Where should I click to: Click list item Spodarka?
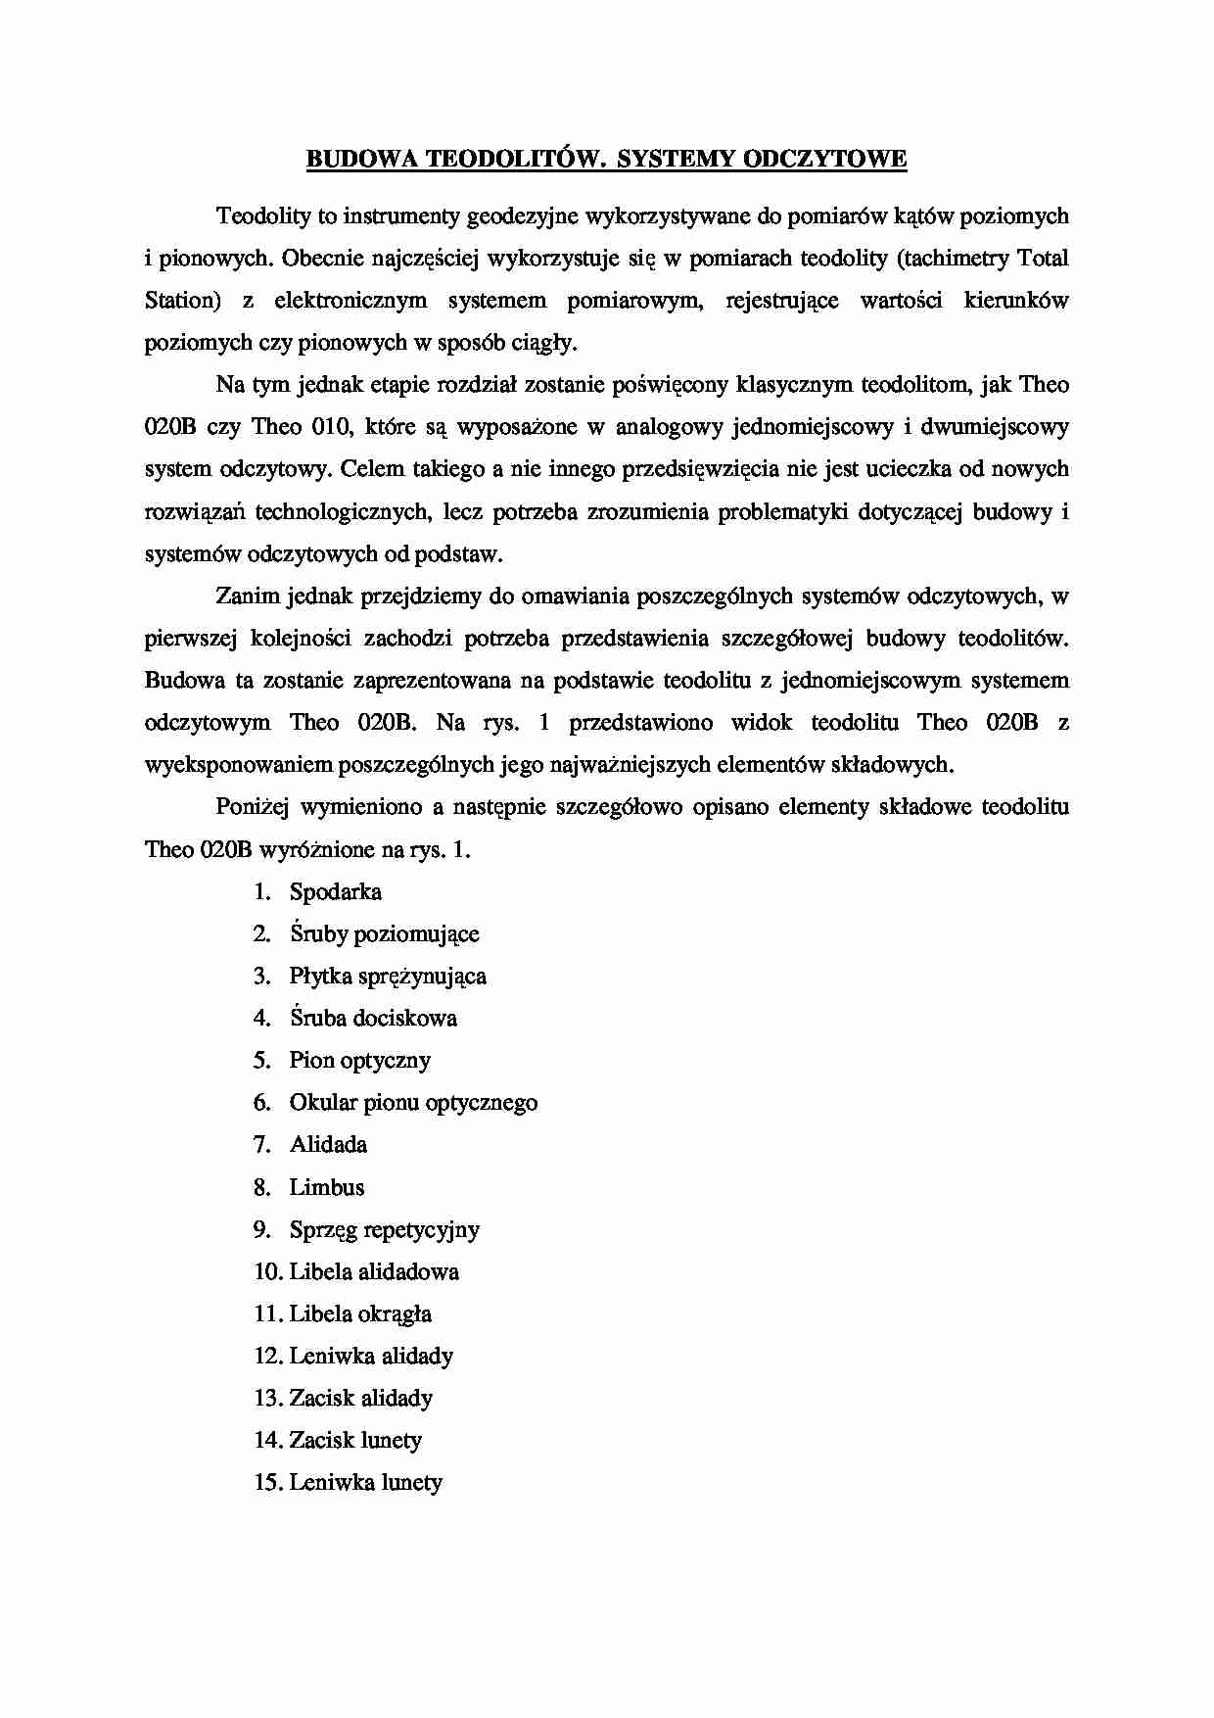coord(335,892)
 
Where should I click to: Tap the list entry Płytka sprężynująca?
coord(388,977)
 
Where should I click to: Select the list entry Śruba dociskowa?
coord(373,1019)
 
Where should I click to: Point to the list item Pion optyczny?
coord(359,1061)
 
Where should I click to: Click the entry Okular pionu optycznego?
coord(413,1103)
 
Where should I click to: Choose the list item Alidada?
coord(328,1145)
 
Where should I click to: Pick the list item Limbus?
coord(326,1188)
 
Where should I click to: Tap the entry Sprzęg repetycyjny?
coord(384,1230)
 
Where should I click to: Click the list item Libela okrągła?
coord(360,1314)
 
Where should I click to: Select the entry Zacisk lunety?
coord(355,1441)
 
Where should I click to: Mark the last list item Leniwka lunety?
coord(365,1483)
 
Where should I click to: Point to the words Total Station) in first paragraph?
coord(1044,259)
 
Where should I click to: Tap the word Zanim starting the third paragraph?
coord(246,596)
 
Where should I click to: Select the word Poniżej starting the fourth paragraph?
coord(252,807)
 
